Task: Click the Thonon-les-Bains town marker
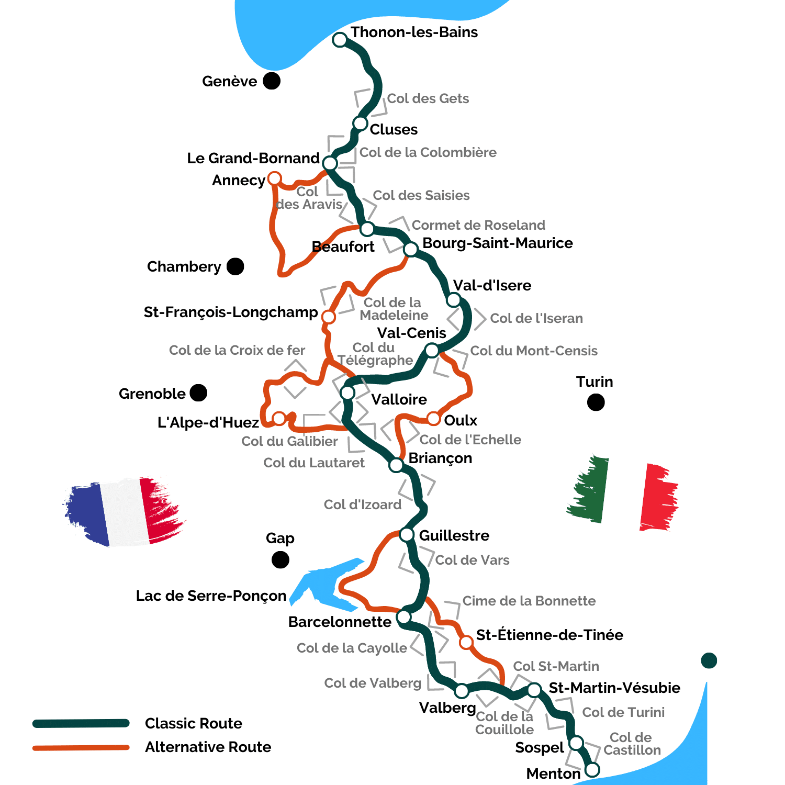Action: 340,40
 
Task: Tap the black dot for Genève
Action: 271,81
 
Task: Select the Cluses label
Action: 394,130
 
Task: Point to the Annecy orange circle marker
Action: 274,179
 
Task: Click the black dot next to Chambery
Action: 235,266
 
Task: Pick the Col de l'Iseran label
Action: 536,319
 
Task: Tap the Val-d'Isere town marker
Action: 453,300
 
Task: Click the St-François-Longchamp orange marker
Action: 328,317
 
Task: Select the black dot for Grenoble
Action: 198,392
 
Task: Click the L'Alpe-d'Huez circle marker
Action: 279,418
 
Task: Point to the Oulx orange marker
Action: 433,419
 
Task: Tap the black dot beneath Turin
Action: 596,402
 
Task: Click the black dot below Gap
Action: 281,560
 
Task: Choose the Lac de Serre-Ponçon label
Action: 211,596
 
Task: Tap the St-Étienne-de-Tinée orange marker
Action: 466,642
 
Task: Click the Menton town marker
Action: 592,770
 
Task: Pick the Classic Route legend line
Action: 81,724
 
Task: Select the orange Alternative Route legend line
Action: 81,748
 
